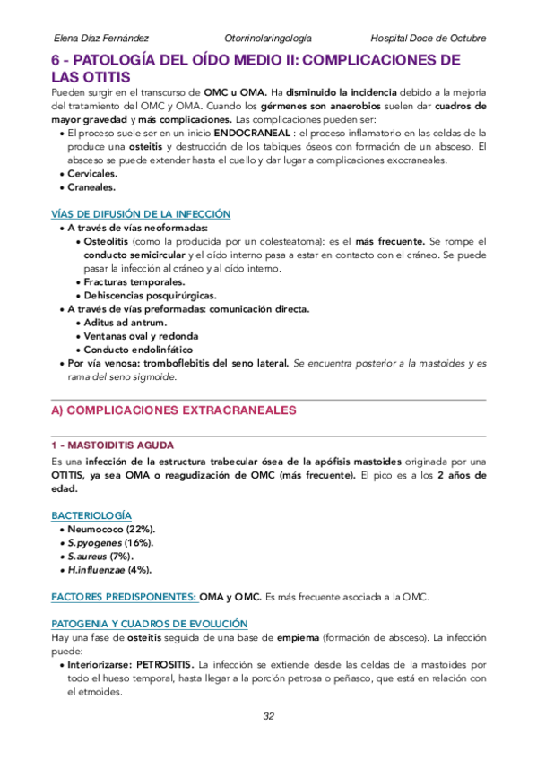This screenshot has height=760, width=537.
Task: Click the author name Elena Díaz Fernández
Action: (x=101, y=38)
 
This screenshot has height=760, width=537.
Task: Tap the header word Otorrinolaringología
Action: (x=269, y=38)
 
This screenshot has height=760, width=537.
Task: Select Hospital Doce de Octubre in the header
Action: (x=428, y=38)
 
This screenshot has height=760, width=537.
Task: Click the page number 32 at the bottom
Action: (x=268, y=716)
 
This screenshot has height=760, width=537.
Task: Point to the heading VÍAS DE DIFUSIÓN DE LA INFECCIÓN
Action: (x=140, y=214)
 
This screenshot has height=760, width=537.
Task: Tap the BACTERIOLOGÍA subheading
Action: (x=91, y=516)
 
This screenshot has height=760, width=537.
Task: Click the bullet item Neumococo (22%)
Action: (x=110, y=530)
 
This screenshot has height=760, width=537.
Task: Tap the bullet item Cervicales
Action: (x=92, y=174)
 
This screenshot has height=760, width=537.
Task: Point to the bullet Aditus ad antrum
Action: (x=124, y=323)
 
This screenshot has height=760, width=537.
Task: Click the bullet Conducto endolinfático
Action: (x=137, y=350)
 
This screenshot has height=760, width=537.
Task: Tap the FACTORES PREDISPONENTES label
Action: (x=123, y=596)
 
